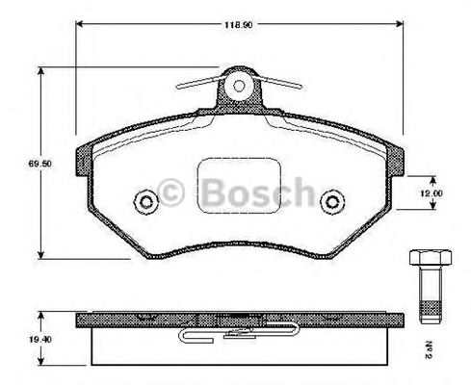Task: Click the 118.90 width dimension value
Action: (238, 25)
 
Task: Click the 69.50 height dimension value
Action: (40, 164)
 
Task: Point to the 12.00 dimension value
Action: (432, 193)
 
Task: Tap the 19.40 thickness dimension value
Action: (40, 340)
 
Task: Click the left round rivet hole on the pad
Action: (146, 201)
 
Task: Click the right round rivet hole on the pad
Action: (332, 201)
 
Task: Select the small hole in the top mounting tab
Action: (239, 86)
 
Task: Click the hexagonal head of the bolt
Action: (431, 258)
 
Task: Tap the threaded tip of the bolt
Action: (431, 313)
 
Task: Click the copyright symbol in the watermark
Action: (170, 192)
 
